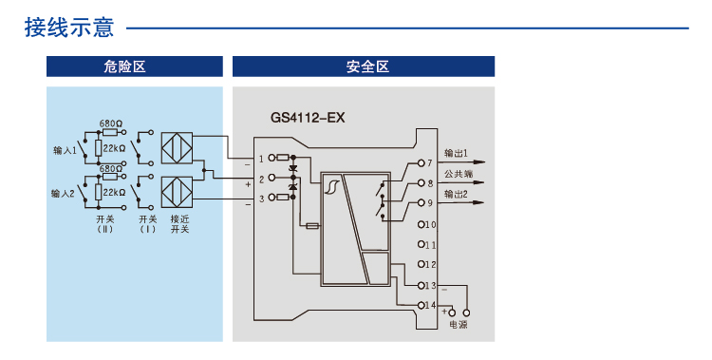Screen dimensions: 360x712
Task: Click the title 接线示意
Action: pos(68,28)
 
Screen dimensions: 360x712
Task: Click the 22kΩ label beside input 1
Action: pos(115,149)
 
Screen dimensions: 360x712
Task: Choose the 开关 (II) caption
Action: pos(104,224)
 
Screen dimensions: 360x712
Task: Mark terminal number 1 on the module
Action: pos(261,159)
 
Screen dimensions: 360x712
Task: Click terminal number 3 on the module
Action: pos(261,198)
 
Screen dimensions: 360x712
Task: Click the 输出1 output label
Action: pos(456,153)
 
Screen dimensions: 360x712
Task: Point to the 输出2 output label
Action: pos(456,194)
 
